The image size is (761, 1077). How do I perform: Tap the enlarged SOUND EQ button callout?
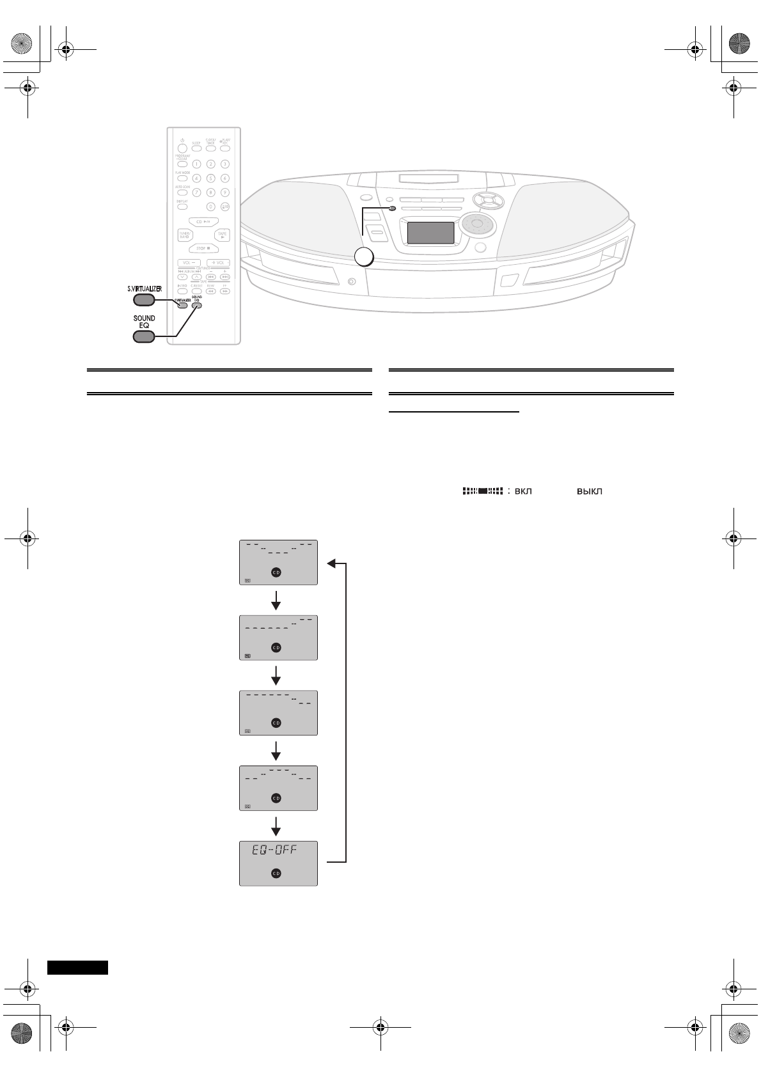click(x=145, y=336)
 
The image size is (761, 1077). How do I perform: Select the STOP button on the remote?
click(x=203, y=248)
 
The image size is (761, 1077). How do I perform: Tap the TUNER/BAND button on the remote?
click(x=184, y=235)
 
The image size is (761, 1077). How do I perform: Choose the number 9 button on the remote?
click(x=224, y=192)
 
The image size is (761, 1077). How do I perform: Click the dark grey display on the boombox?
click(x=431, y=233)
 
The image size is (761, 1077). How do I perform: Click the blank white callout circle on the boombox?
click(x=364, y=257)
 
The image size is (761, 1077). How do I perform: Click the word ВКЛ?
click(x=524, y=491)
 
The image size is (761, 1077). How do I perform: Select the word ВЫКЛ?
click(x=590, y=491)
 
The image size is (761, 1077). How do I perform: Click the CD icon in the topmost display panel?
click(x=276, y=572)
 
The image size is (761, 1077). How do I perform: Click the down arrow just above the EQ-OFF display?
click(x=276, y=826)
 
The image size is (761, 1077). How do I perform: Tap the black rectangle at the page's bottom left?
click(x=78, y=967)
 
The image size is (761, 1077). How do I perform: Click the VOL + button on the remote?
click(x=218, y=263)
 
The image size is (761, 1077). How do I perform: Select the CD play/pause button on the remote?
click(x=203, y=222)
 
